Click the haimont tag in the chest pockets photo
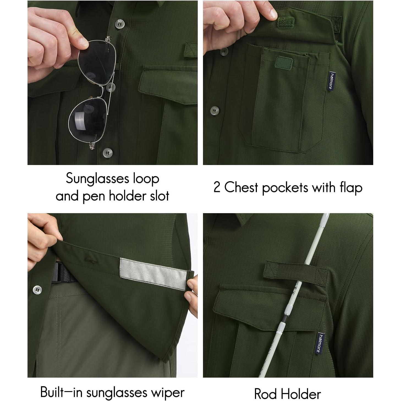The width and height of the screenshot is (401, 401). click(x=332, y=80)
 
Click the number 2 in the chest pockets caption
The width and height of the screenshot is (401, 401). click(x=217, y=188)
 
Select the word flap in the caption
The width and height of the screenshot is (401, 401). click(x=350, y=188)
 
